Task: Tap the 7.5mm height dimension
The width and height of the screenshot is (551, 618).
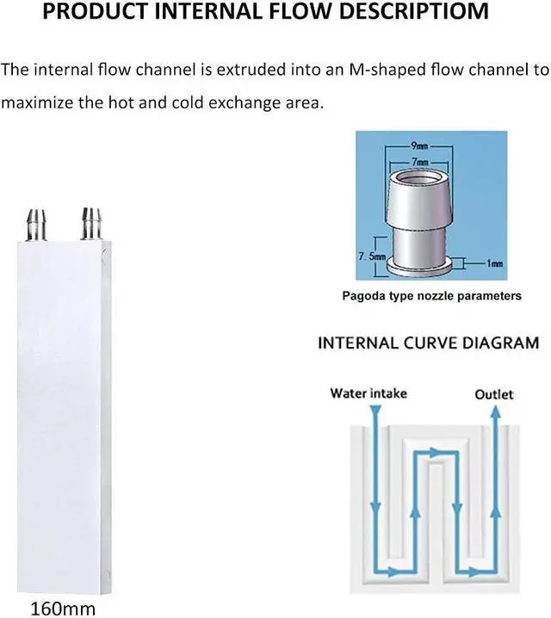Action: click(372, 256)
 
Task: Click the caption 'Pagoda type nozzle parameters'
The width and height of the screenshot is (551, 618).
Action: click(432, 296)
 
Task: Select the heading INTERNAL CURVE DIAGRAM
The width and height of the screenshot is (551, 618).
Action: click(429, 343)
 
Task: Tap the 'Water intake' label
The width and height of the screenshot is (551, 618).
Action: click(368, 393)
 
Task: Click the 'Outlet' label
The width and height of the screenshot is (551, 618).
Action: click(494, 394)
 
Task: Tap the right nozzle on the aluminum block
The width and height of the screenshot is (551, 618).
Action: click(89, 221)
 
